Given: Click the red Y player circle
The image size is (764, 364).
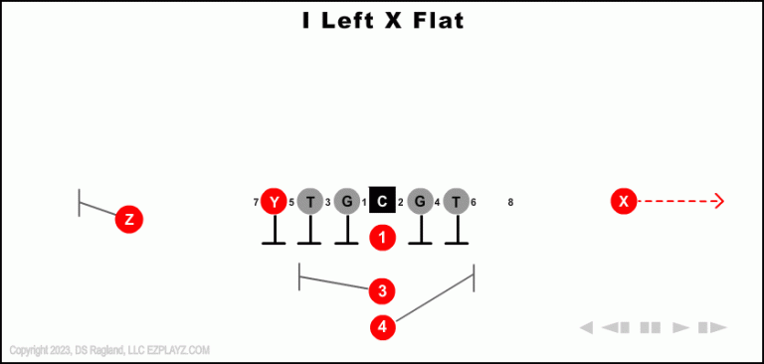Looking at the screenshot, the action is pos(274,202).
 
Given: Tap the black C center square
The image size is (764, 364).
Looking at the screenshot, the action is pos(383,202).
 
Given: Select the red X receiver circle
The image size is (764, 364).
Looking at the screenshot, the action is pos(624,202).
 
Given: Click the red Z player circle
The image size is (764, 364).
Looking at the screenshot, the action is pos(129,219).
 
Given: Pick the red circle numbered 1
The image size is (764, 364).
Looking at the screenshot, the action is pos(383,238).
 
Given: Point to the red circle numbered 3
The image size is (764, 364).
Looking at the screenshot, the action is pos(382,291).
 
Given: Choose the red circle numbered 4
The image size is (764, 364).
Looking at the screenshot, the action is pos(382,326).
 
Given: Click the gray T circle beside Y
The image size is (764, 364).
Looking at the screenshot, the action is pos(310,202).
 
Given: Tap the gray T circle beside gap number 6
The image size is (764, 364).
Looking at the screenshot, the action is pos(456,202).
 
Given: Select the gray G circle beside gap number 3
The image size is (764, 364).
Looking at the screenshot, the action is pos(346,202).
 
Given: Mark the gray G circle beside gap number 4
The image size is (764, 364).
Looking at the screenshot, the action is pos(420,202).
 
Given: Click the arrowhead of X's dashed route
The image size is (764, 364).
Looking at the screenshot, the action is pos(719,202).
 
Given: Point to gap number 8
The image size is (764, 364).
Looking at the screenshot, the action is pos(510,203).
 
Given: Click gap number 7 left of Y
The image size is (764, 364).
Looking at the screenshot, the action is pos(256,203).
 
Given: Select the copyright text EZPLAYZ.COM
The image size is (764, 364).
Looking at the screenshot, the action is pos(179,350).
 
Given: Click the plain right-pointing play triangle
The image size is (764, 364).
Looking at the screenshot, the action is pos(681,327).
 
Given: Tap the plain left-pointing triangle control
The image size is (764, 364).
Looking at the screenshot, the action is pos(587,327).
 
